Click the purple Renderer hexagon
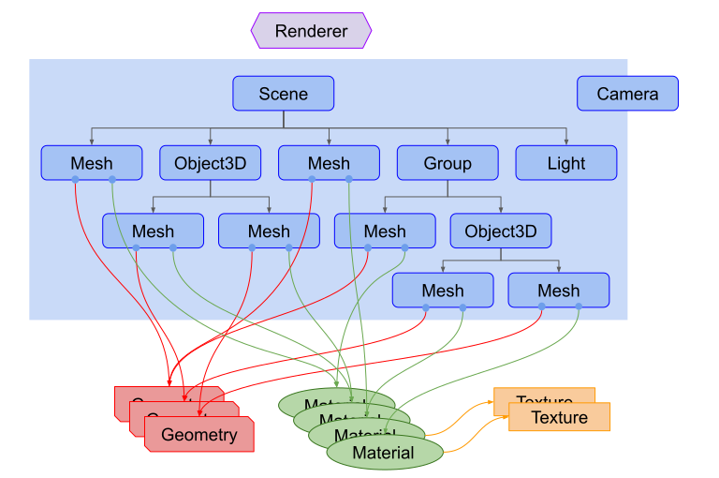[311, 31]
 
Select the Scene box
[283, 94]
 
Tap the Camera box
[627, 94]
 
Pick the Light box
[566, 163]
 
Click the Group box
[448, 163]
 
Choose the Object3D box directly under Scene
[210, 163]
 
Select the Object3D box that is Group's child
[501, 231]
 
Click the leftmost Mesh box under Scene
[91, 163]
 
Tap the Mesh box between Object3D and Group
[329, 163]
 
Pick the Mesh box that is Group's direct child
[385, 231]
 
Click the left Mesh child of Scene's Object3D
[153, 231]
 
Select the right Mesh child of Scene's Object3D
[269, 231]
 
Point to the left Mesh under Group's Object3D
[443, 291]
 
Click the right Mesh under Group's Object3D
[559, 291]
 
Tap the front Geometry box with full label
[199, 435]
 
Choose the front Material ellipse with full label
[384, 454]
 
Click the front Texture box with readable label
[560, 417]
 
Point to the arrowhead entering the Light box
[566, 142]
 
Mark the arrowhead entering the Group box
[448, 142]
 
